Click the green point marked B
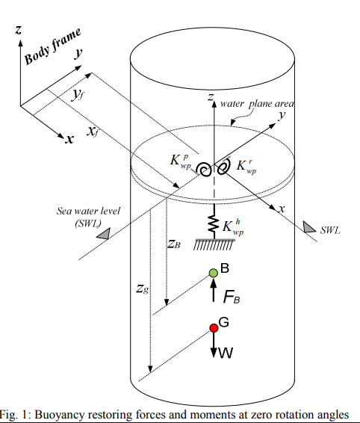(x=213, y=274)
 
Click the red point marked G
(x=213, y=328)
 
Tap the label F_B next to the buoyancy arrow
(x=232, y=296)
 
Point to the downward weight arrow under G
(x=213, y=344)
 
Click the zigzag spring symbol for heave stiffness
(x=212, y=225)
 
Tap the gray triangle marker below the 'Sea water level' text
(x=104, y=234)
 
